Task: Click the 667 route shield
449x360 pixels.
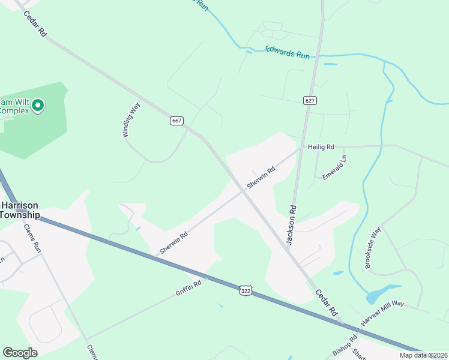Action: (x=176, y=121)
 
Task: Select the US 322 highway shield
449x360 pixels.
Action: (x=245, y=290)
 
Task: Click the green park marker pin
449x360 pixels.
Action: (x=38, y=106)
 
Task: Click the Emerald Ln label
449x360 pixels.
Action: (x=334, y=167)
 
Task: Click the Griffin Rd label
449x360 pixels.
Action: (x=188, y=288)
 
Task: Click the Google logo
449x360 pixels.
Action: (x=20, y=353)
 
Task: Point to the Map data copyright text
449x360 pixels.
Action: (x=424, y=355)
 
